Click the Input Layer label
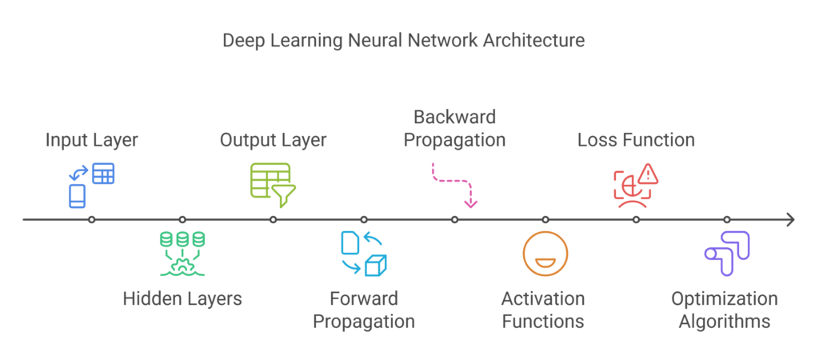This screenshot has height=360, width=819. point(91,141)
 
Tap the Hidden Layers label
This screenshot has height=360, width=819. point(182,299)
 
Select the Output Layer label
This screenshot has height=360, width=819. point(273,141)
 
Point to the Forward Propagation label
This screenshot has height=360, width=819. point(364,310)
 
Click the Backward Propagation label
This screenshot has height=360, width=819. point(454,129)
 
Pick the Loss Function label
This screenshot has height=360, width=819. point(636,141)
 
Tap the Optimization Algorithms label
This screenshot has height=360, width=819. point(724,310)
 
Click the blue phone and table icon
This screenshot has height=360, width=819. point(91,185)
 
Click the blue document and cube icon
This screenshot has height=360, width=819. point(364,253)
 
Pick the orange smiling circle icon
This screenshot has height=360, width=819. point(545,254)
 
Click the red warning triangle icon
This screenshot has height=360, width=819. point(646,173)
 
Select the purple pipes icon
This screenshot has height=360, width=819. point(726,253)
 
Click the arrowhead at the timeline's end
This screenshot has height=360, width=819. point(790,219)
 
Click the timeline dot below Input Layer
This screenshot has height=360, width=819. point(92,219)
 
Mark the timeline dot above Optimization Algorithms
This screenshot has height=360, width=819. point(726,219)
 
